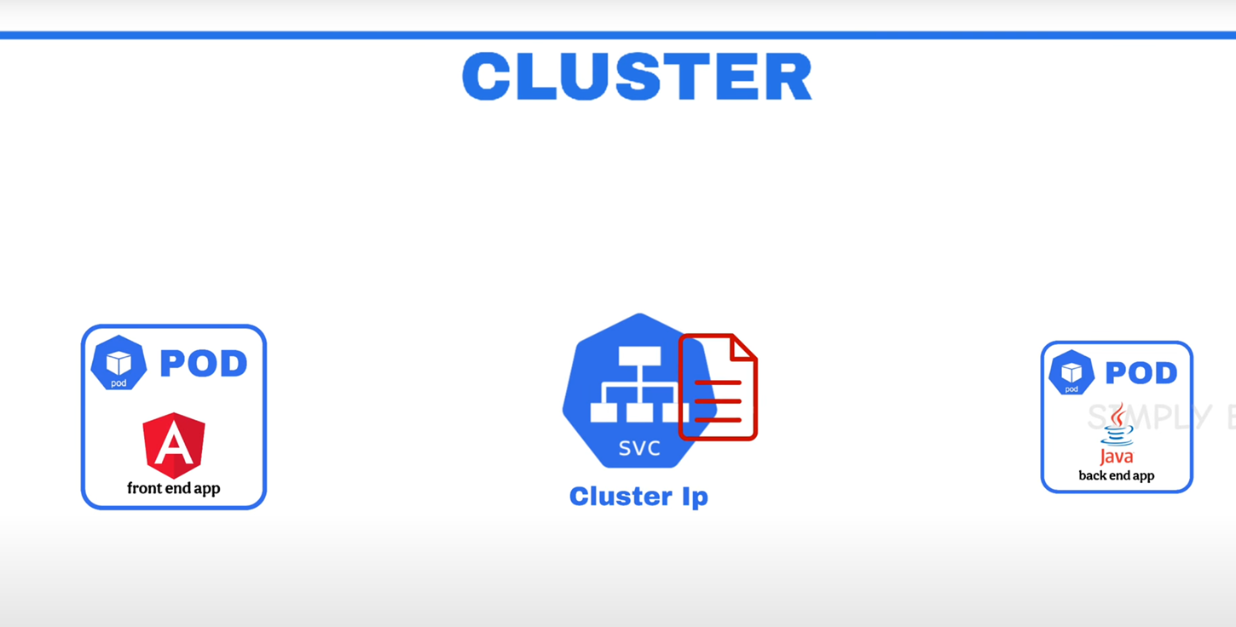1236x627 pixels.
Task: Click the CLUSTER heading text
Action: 637,77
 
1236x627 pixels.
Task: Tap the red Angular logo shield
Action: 174,445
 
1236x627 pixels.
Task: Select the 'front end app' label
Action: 174,488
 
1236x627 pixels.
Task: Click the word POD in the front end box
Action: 204,364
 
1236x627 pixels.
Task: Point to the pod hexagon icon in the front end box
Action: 118,363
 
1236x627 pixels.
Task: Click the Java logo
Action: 1117,434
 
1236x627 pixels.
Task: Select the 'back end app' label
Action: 1117,475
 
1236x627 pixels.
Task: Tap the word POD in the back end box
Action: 1141,373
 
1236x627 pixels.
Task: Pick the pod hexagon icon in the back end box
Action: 1071,372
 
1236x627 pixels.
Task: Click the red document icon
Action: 718,388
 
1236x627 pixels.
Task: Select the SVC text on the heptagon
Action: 639,448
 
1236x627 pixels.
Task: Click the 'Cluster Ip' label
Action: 638,496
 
